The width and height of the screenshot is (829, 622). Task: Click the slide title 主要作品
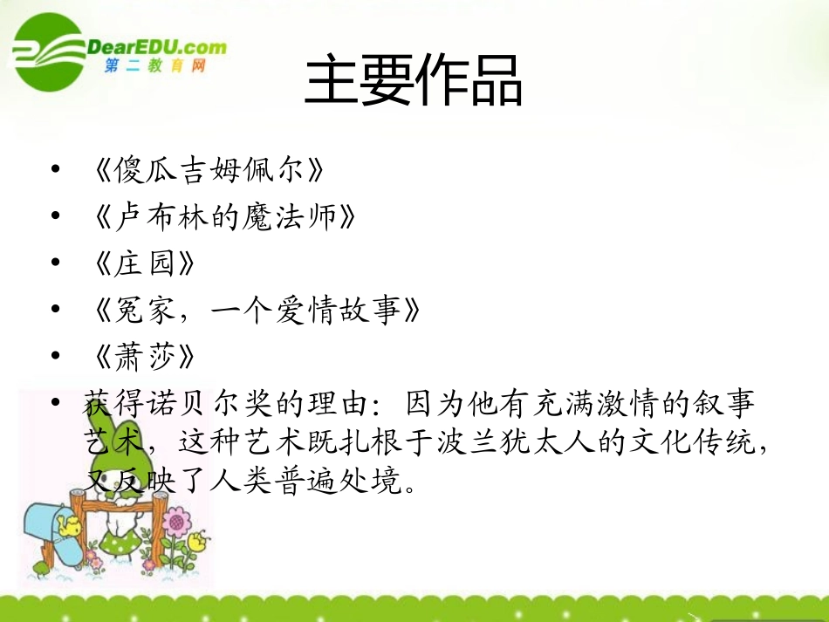[414, 79]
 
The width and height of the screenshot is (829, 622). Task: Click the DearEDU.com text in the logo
[156, 47]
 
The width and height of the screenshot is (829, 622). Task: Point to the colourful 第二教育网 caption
[154, 66]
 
